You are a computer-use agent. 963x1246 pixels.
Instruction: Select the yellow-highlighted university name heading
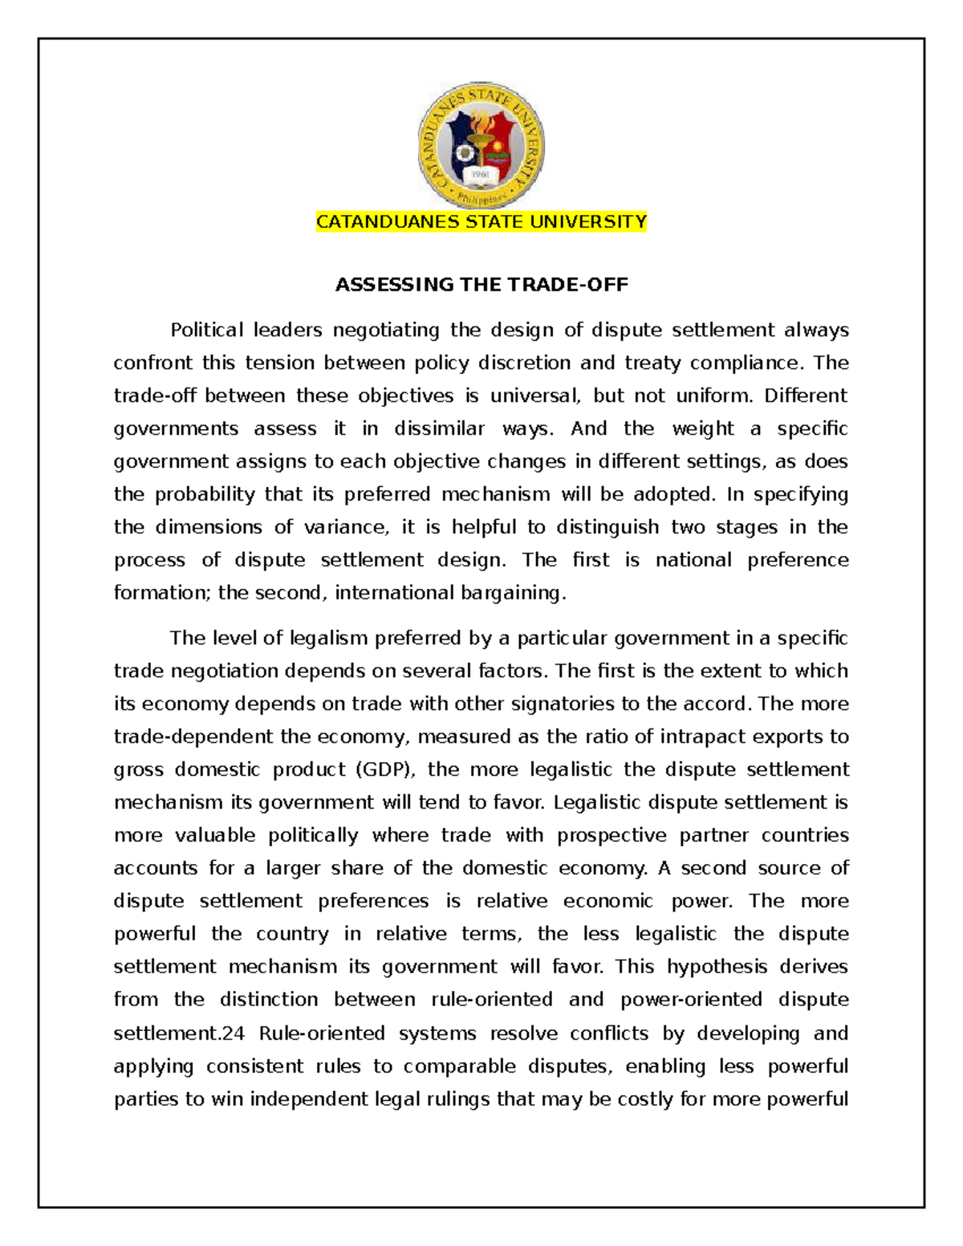pos(481,222)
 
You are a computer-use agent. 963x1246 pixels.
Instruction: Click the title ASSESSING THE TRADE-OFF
pos(481,285)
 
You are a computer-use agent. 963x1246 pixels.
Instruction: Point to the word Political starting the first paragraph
pos(206,331)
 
